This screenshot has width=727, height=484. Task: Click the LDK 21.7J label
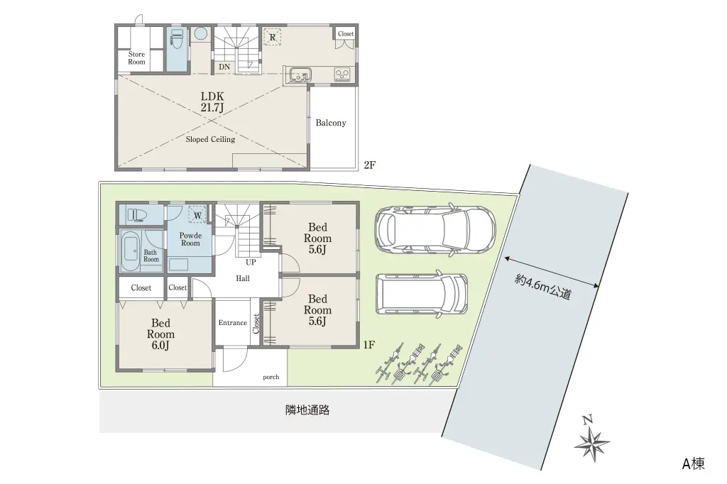point(212,102)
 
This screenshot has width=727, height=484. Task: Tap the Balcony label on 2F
point(331,123)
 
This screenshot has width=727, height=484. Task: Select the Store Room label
point(137,58)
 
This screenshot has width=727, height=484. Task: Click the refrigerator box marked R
point(272,37)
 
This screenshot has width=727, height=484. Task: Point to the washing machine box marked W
point(197,215)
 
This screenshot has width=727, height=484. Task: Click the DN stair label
point(224,67)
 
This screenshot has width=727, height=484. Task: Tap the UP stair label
point(251,263)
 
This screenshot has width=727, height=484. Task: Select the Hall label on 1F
point(243,279)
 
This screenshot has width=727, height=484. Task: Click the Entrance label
point(233,323)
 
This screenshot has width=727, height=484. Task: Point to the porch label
point(270,377)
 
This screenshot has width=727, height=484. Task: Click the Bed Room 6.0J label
point(161,334)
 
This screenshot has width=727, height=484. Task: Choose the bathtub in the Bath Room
point(131,251)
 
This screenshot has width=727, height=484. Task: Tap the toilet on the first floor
point(137,214)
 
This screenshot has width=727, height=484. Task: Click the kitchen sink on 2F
point(300,75)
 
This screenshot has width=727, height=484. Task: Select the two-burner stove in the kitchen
point(342,75)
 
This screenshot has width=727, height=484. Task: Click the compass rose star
point(592,444)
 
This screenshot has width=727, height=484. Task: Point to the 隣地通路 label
point(307,410)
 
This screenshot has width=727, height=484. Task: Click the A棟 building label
point(693,463)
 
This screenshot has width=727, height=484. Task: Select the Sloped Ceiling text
point(210,139)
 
